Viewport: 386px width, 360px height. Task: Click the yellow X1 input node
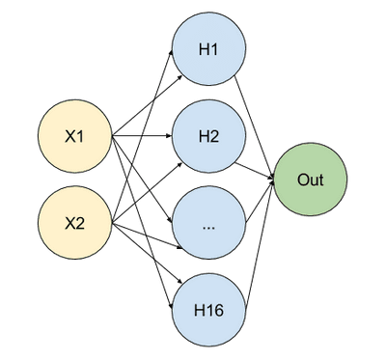point(74,137)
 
